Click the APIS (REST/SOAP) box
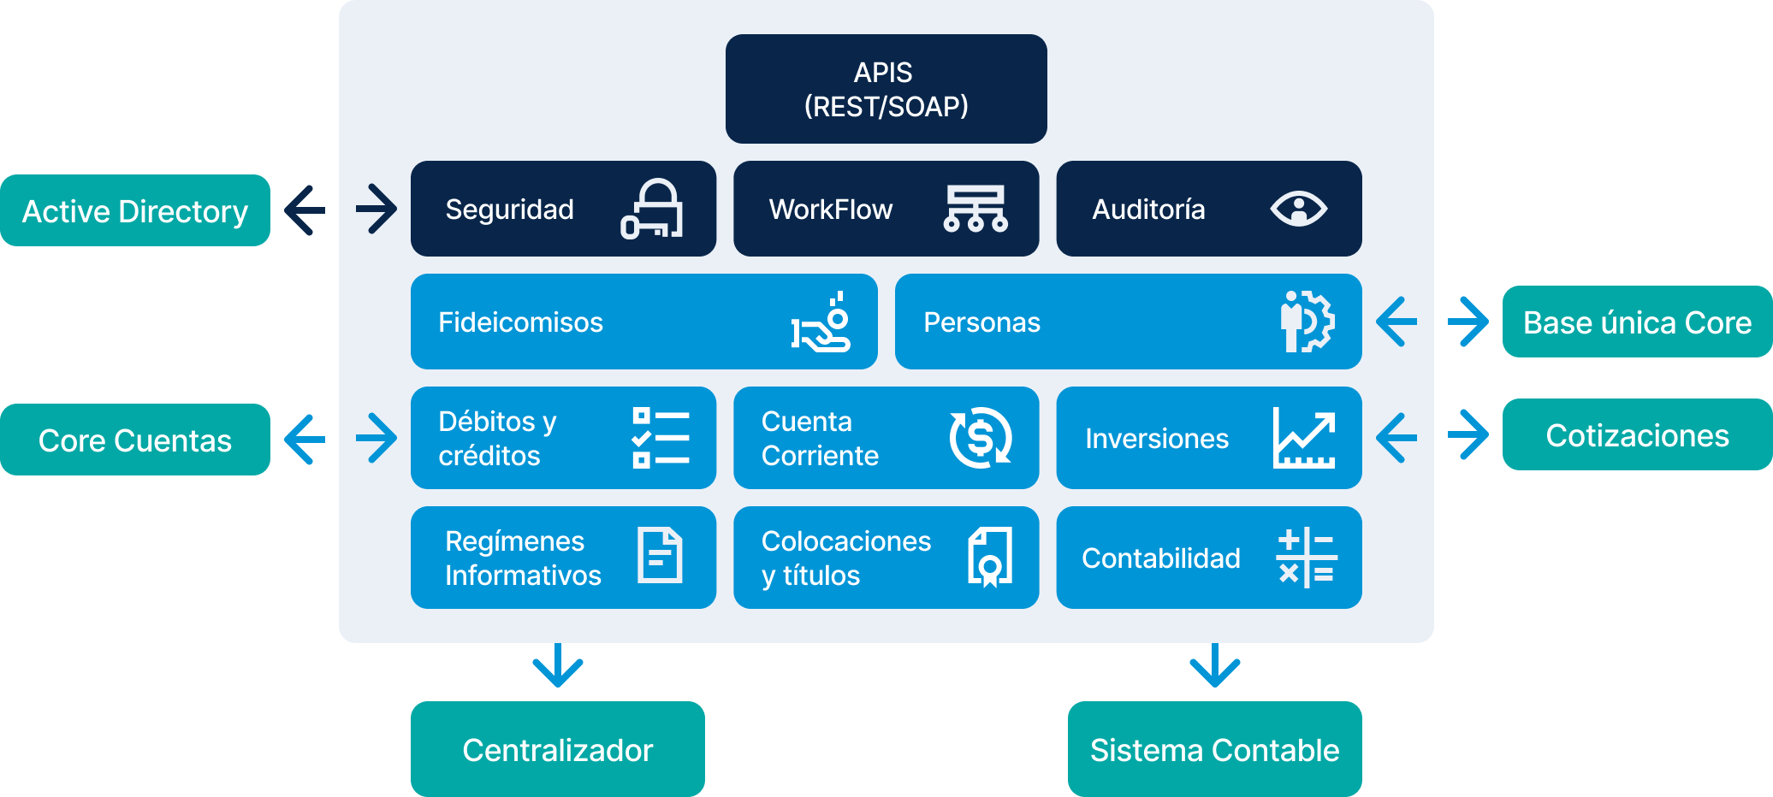(886, 89)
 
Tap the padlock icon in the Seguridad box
(652, 209)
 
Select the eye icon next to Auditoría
(1298, 209)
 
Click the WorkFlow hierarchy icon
(975, 209)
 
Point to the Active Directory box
(135, 210)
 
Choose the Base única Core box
(1637, 322)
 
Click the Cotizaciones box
(1637, 434)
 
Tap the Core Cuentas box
(135, 440)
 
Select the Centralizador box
(557, 749)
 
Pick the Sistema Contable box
(1214, 749)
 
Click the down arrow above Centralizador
(558, 666)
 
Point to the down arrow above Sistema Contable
(1215, 666)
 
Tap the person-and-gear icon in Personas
(1307, 322)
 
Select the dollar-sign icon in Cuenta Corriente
(981, 438)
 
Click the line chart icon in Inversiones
(1304, 438)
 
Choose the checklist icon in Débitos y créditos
(661, 438)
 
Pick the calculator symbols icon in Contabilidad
(1306, 558)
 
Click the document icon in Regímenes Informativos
(660, 556)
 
